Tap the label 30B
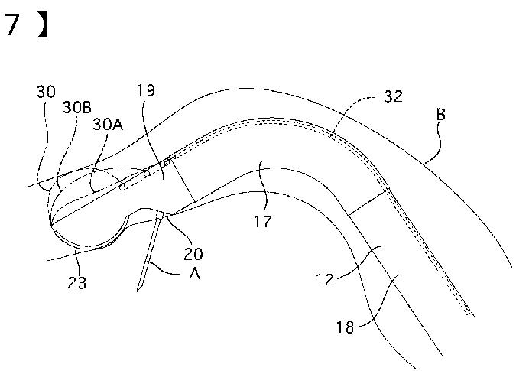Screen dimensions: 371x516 77,106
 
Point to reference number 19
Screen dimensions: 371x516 146,90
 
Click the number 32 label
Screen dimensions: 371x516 394,97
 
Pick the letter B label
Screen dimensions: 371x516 441,114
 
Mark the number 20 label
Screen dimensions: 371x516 194,251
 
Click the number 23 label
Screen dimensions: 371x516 76,283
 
